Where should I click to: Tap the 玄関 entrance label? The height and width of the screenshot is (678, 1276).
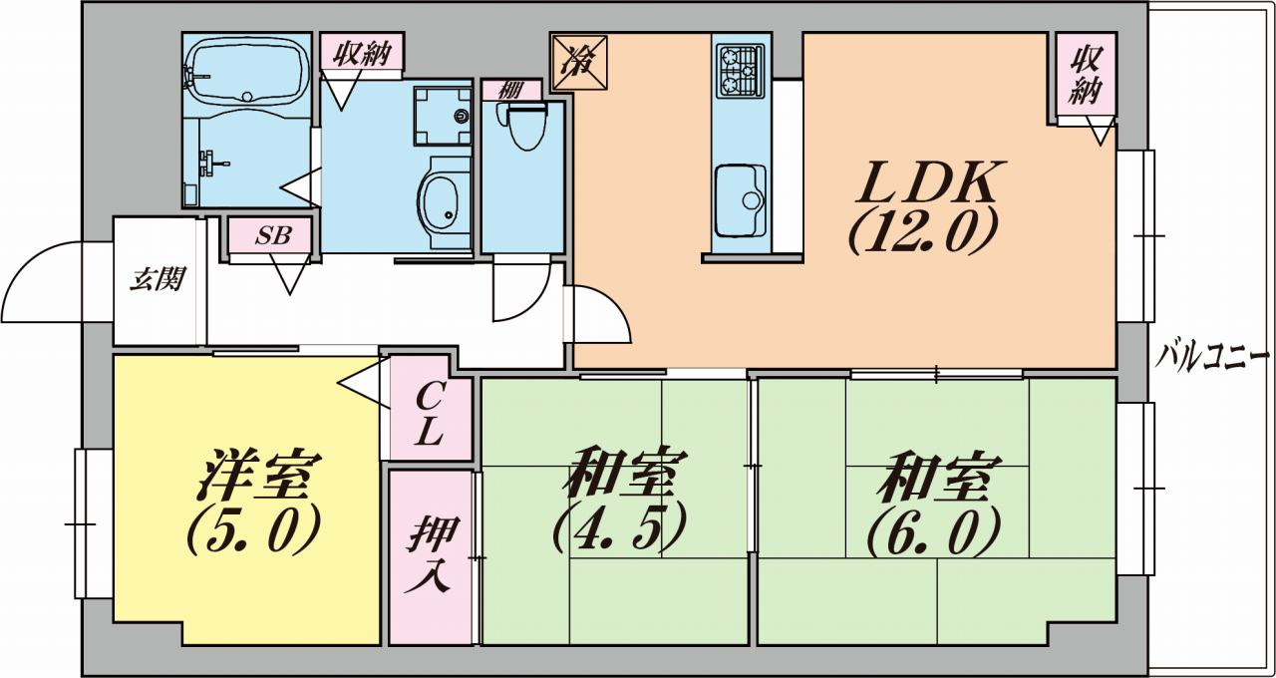158,279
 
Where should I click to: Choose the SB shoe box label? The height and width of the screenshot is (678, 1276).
271,236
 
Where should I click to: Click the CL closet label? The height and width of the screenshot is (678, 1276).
430,417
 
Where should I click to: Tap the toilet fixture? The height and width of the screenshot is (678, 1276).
523,125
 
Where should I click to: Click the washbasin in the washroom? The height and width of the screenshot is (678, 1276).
439,197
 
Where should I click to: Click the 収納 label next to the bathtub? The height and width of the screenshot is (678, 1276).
361,52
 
